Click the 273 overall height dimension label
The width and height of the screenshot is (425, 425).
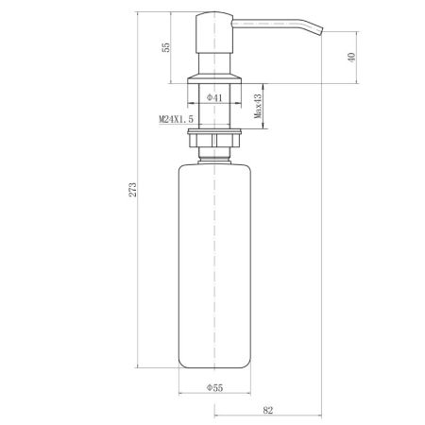133,190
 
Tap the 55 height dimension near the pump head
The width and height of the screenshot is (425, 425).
165,47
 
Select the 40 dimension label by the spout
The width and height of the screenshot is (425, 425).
351,58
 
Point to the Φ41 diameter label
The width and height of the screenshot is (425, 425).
214,98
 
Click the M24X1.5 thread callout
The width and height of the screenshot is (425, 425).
176,119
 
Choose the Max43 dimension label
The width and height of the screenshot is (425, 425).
258,106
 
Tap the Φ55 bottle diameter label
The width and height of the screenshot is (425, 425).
214,387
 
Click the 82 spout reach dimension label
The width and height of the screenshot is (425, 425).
267,410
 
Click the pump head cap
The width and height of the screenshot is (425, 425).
214,32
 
